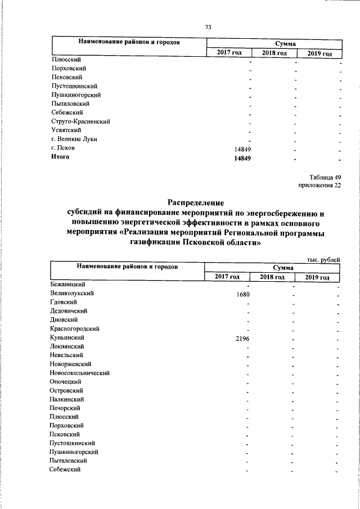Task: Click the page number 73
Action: [208, 28]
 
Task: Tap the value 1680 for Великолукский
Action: [242, 294]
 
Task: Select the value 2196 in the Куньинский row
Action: [242, 337]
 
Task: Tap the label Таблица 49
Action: [325, 177]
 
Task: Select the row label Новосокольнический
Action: [79, 372]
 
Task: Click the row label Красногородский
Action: [75, 328]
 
